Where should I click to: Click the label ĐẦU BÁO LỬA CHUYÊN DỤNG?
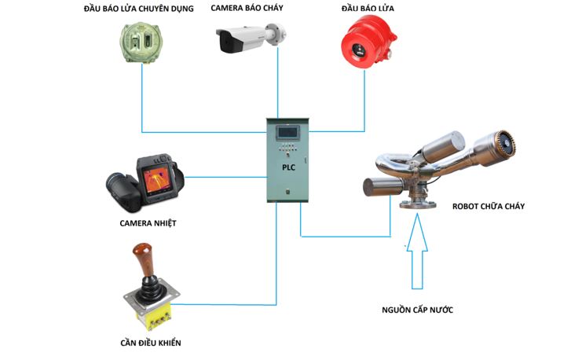click(x=138, y=9)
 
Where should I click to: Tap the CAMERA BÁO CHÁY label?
click(x=247, y=9)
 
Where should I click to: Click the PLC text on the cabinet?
click(x=289, y=167)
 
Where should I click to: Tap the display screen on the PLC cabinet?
click(x=288, y=133)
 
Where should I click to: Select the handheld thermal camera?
click(x=146, y=182)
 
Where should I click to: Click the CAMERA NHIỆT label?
click(x=148, y=223)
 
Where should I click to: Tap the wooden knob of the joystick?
click(x=141, y=259)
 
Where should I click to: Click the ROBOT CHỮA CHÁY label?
click(x=488, y=206)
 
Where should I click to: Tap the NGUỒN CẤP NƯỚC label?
click(x=417, y=310)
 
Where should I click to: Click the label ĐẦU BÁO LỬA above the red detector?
click(x=368, y=9)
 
